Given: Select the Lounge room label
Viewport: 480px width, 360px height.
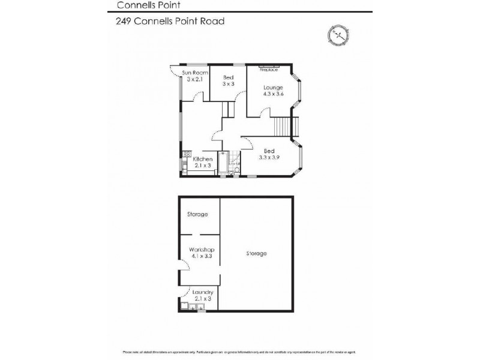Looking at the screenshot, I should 273,87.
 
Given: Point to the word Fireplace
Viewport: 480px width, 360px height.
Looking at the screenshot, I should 268,70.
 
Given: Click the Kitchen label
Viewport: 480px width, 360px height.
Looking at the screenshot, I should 202,159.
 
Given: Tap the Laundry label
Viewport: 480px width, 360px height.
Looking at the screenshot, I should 202,292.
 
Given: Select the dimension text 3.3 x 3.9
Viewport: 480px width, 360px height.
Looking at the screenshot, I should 269,157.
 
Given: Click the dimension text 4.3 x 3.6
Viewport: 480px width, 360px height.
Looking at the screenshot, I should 273,94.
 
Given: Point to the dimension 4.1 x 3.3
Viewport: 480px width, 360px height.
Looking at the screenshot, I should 202,256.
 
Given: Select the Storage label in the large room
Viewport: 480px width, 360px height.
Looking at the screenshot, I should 256,253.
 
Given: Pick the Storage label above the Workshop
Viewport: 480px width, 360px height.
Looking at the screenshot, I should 197,214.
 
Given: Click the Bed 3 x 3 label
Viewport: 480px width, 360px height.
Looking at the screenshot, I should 229,81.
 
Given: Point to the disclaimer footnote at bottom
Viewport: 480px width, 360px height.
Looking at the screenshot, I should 240,352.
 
